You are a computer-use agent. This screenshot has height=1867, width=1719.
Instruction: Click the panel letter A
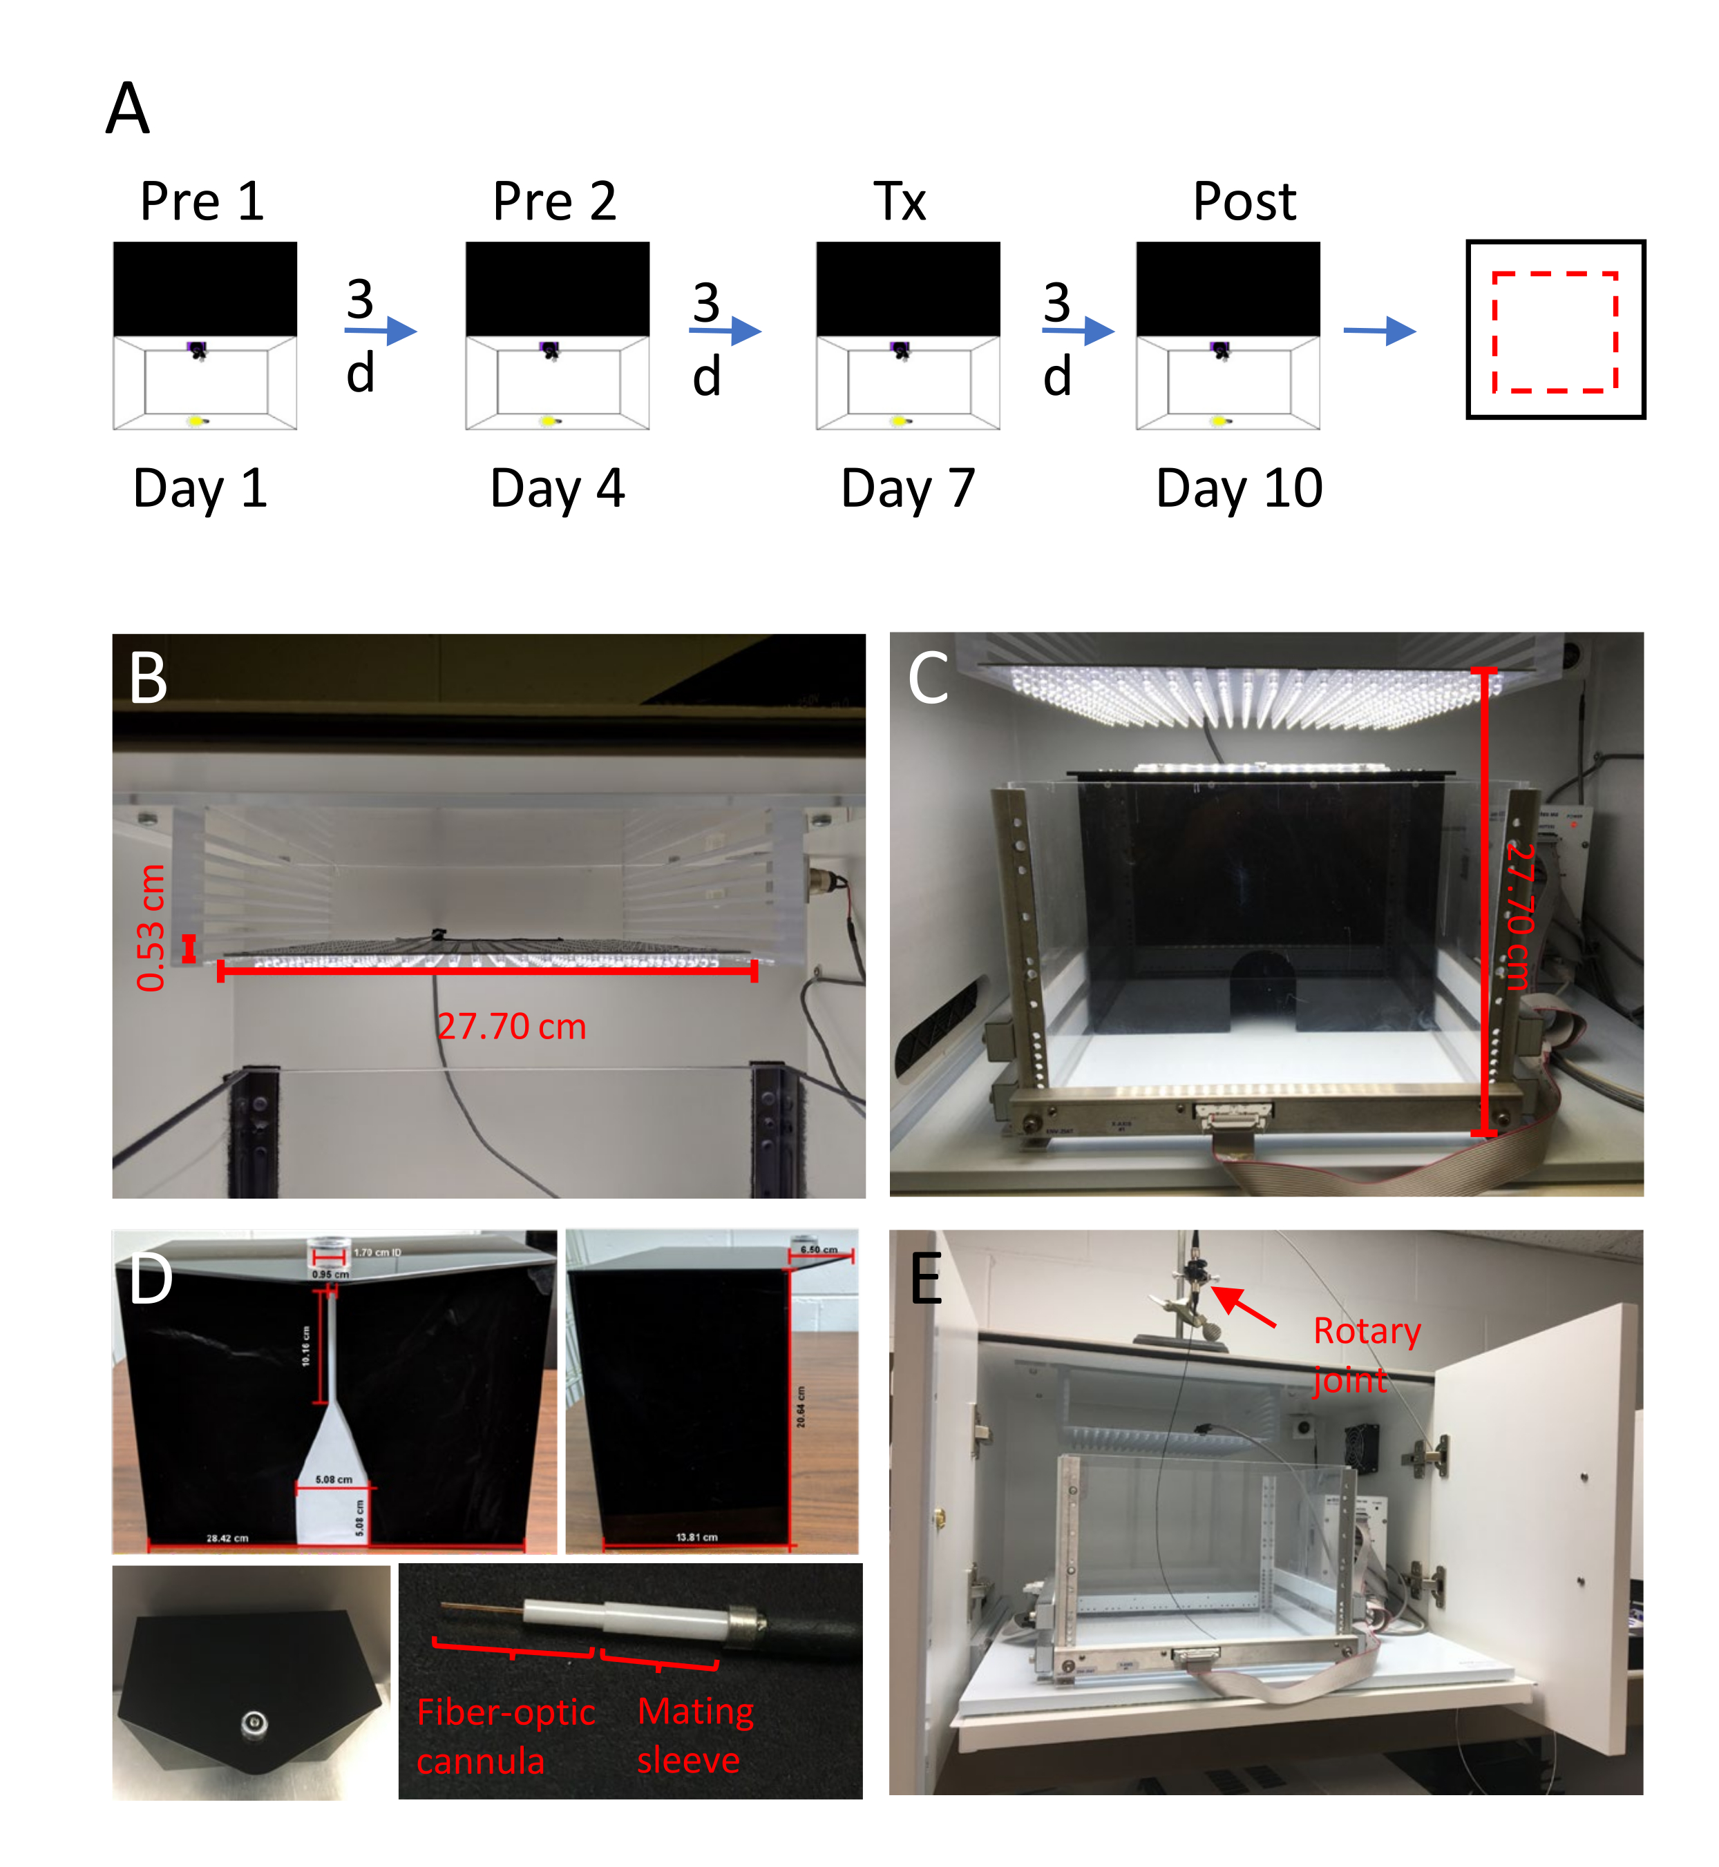(x=127, y=109)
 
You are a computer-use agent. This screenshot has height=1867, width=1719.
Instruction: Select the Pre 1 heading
(x=202, y=201)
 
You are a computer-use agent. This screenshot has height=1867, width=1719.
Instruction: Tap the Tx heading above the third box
(x=900, y=201)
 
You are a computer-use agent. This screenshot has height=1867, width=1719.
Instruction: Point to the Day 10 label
(x=1239, y=488)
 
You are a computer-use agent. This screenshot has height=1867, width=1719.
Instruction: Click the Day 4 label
(x=557, y=488)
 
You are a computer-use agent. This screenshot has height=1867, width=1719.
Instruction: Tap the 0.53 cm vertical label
(x=151, y=928)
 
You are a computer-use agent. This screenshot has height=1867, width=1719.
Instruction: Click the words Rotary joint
(x=1365, y=1355)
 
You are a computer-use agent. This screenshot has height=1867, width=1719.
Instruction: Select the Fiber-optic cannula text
(x=505, y=1736)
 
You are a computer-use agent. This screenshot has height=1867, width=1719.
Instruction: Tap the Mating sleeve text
(x=695, y=1735)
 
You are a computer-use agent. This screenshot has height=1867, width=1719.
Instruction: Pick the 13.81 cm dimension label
(x=696, y=1538)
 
